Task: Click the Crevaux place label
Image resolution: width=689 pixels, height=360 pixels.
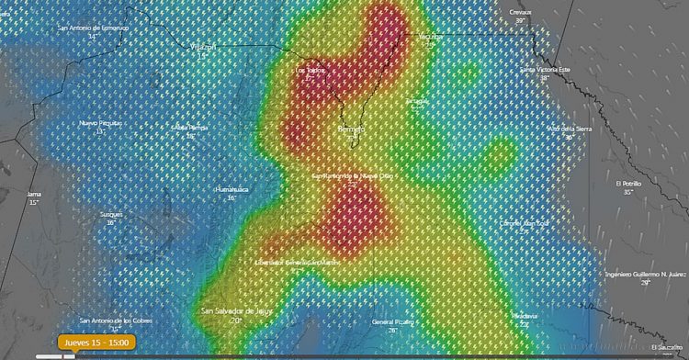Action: pos(520,12)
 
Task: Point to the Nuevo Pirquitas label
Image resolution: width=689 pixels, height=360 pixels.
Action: pos(100,123)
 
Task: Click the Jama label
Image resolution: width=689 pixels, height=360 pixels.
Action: pos(34,195)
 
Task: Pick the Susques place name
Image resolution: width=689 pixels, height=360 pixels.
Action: pos(111,215)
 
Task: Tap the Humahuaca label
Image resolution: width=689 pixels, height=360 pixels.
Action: pos(232,190)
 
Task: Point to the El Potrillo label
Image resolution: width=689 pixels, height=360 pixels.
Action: pos(628,184)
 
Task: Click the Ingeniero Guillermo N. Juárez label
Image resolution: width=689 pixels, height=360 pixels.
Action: pos(645,274)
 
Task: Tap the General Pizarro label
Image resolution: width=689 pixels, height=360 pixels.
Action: pos(392,322)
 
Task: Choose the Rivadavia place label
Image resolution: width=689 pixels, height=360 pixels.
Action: pos(525,316)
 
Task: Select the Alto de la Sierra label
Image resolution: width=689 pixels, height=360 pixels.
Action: pos(569,128)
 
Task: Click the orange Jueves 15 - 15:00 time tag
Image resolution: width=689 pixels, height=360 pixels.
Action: pos(96,343)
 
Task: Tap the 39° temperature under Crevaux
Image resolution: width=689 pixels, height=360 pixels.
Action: pos(520,20)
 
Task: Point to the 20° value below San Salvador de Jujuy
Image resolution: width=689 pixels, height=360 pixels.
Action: pos(235,321)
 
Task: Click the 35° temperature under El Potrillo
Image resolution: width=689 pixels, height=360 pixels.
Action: pos(628,193)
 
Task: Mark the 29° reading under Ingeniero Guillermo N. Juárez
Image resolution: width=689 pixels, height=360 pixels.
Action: pos(645,283)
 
